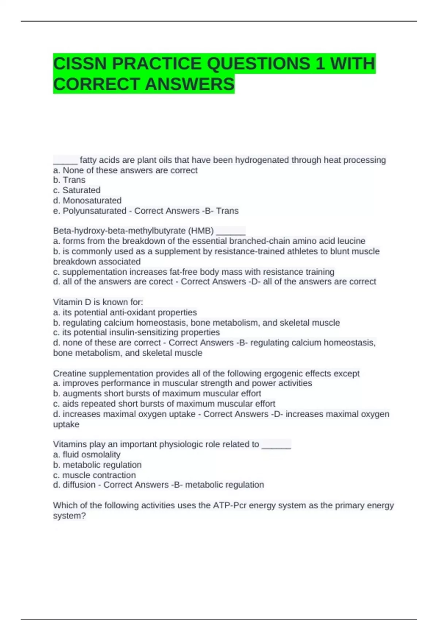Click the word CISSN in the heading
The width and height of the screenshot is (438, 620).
pyautogui.click(x=80, y=64)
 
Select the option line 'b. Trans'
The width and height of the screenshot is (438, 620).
pyautogui.click(x=69, y=180)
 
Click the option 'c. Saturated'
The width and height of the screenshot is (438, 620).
pyautogui.click(x=77, y=190)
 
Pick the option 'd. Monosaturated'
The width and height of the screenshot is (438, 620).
pyautogui.click(x=87, y=200)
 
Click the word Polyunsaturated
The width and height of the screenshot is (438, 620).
pyautogui.click(x=95, y=211)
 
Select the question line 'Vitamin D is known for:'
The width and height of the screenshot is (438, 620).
pyautogui.click(x=98, y=302)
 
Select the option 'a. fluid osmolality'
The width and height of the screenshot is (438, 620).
pyautogui.click(x=87, y=454)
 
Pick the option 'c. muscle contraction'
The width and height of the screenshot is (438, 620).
pyautogui.click(x=95, y=475)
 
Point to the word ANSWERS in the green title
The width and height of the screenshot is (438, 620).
pyautogui.click(x=189, y=84)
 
